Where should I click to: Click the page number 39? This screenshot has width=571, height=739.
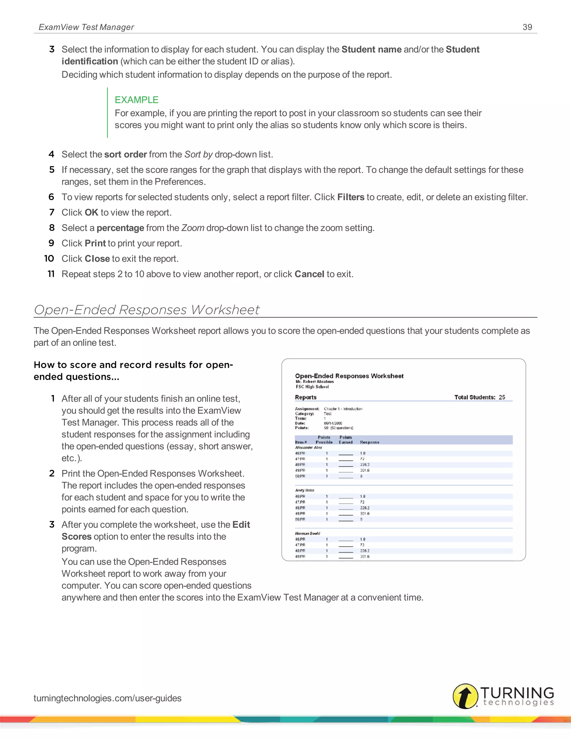point(527,27)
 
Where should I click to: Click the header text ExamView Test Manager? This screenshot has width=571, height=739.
point(86,27)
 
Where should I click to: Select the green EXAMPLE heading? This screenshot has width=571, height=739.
point(136,100)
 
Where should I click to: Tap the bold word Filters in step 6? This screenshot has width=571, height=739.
point(350,197)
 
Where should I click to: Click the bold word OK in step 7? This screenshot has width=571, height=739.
point(91,212)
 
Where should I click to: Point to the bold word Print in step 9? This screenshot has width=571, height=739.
point(95,243)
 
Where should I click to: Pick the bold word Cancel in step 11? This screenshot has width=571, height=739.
point(309,274)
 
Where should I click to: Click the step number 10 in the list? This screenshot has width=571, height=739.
point(49,259)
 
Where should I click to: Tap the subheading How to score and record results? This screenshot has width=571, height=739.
point(133,371)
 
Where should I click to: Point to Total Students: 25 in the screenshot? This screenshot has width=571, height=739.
point(479,397)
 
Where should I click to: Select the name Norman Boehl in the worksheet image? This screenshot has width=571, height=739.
point(307,533)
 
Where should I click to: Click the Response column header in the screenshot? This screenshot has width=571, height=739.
point(369,442)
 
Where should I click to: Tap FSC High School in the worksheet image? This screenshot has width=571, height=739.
point(312,387)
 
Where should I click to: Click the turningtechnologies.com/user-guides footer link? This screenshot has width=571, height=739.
point(107,698)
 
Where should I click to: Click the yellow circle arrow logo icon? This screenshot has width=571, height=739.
point(465,696)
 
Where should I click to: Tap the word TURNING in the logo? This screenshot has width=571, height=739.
point(517,693)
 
